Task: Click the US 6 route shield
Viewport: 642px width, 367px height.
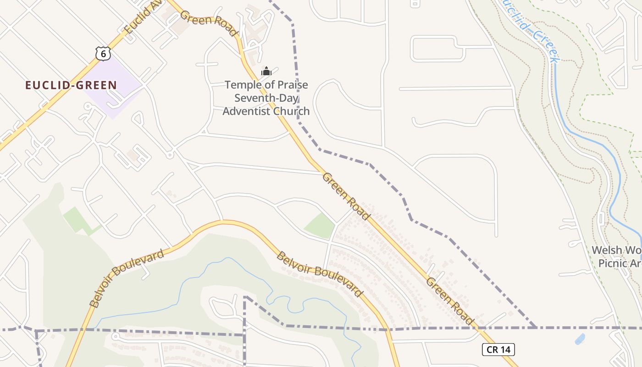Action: (x=103, y=53)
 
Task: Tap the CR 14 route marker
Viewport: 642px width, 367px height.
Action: (x=498, y=350)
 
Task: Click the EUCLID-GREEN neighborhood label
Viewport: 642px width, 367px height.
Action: (x=71, y=85)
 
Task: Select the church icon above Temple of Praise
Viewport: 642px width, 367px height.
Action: (x=266, y=71)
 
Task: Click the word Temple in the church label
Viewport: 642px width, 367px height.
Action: (x=241, y=85)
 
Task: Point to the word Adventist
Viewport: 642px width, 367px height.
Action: (x=246, y=111)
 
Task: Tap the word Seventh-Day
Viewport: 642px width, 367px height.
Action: (x=266, y=98)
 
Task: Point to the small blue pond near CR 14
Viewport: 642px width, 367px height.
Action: (x=580, y=339)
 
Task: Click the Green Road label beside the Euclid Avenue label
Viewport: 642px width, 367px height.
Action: (x=209, y=23)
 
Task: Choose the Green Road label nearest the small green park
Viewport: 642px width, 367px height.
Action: (x=345, y=196)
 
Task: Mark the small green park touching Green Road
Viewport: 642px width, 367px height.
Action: (x=320, y=225)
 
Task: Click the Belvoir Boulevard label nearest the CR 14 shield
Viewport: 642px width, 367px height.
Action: (x=320, y=274)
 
